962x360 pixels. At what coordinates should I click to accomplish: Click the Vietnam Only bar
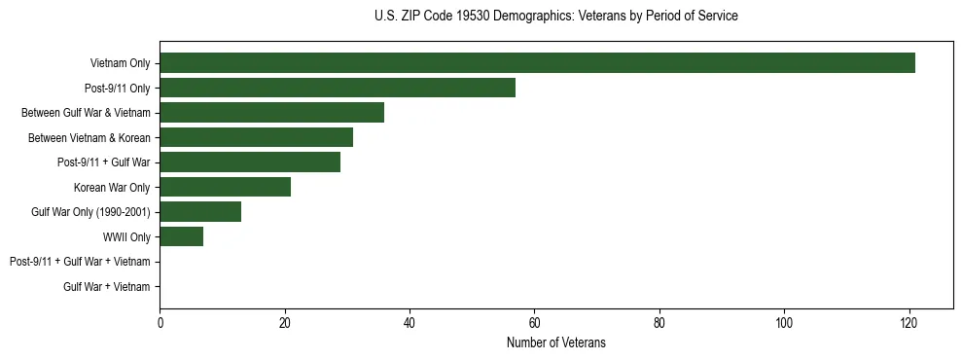[537, 63]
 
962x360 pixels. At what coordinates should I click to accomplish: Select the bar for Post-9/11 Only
[338, 88]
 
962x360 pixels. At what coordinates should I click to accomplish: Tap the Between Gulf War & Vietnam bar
[271, 113]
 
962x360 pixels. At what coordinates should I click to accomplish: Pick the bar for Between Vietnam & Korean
[256, 137]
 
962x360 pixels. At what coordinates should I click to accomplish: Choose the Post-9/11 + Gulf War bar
[250, 162]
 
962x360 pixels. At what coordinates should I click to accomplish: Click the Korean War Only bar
[225, 187]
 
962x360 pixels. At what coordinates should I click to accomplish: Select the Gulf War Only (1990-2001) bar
[200, 212]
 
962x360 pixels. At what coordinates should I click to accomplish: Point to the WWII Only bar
[181, 236]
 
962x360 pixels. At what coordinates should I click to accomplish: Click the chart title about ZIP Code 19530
[555, 17]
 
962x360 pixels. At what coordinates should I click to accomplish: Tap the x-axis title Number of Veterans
[555, 342]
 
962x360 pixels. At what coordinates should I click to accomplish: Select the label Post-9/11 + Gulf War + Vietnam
[80, 262]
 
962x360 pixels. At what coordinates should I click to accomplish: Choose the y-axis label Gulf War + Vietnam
[107, 286]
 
